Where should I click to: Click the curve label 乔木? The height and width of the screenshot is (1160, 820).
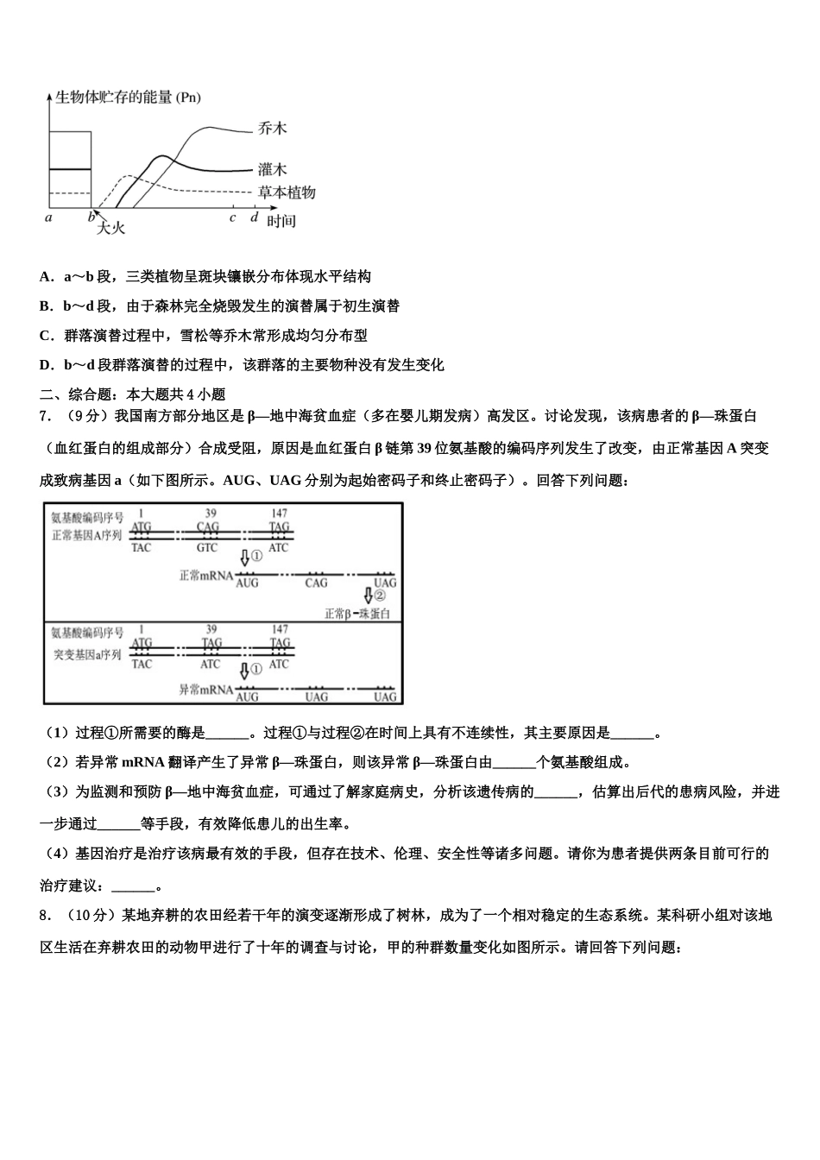pyautogui.click(x=272, y=128)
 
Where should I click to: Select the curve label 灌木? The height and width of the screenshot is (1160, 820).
pyautogui.click(x=272, y=169)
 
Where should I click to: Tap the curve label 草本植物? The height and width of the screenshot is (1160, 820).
pyautogui.click(x=287, y=192)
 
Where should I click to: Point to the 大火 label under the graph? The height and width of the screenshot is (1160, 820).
pyautogui.click(x=110, y=228)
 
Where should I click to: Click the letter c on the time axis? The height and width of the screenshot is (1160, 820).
pyautogui.click(x=232, y=217)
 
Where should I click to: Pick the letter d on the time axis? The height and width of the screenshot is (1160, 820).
pyautogui.click(x=254, y=217)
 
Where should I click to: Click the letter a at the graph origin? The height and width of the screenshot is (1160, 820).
pyautogui.click(x=48, y=217)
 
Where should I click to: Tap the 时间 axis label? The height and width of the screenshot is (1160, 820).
pyautogui.click(x=281, y=221)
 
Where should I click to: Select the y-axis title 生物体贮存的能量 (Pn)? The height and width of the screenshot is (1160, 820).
pyautogui.click(x=128, y=98)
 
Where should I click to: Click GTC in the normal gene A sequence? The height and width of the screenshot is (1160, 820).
pyautogui.click(x=207, y=548)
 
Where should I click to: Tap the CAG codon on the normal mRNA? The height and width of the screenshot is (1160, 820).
pyautogui.click(x=317, y=583)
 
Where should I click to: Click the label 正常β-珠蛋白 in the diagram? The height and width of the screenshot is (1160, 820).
pyautogui.click(x=357, y=614)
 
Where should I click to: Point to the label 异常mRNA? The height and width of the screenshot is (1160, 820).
pyautogui.click(x=205, y=690)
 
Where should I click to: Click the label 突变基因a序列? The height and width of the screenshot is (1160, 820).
pyautogui.click(x=87, y=655)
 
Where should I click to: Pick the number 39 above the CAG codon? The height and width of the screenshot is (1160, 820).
pyautogui.click(x=207, y=514)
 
